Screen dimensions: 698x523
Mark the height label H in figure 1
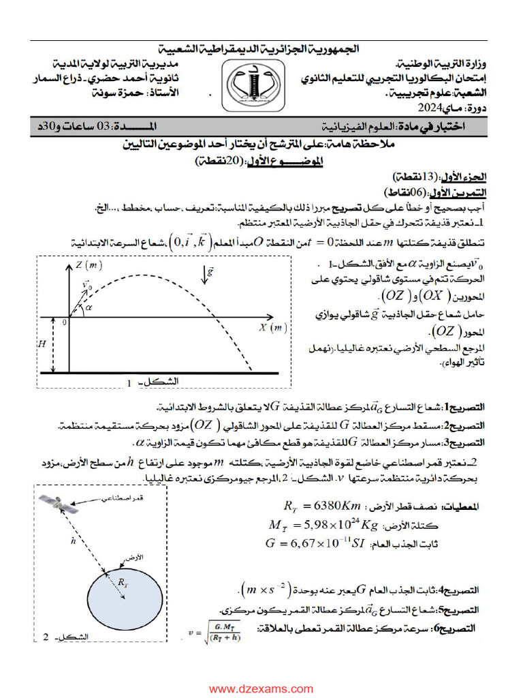[x=43, y=344]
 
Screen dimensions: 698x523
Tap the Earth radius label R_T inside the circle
[x=123, y=583]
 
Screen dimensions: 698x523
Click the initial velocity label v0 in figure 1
[x=86, y=287]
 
